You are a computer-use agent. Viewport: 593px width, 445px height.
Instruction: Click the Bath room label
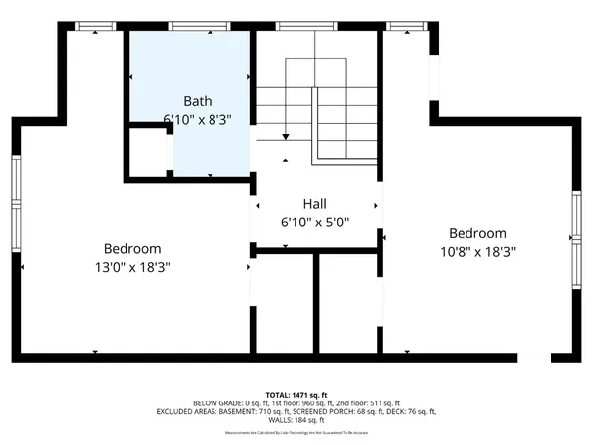click(198, 101)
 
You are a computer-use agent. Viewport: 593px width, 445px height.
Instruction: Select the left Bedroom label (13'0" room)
click(132, 249)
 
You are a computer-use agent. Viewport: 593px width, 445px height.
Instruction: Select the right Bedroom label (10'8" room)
click(477, 234)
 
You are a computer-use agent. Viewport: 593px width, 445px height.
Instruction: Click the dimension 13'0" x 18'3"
click(132, 266)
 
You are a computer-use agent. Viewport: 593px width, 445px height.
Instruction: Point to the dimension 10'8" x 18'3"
click(477, 251)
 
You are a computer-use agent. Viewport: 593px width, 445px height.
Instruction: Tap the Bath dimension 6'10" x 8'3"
click(198, 118)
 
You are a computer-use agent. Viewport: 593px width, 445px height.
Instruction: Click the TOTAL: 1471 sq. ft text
click(296, 393)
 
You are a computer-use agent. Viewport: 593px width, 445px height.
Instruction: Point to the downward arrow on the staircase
click(285, 135)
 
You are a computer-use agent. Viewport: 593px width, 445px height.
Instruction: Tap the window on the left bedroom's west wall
click(17, 213)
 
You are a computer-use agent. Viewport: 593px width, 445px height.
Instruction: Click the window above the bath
click(193, 26)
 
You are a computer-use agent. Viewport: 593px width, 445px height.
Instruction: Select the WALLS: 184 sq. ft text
click(296, 420)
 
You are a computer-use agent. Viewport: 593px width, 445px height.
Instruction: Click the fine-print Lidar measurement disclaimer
click(296, 432)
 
